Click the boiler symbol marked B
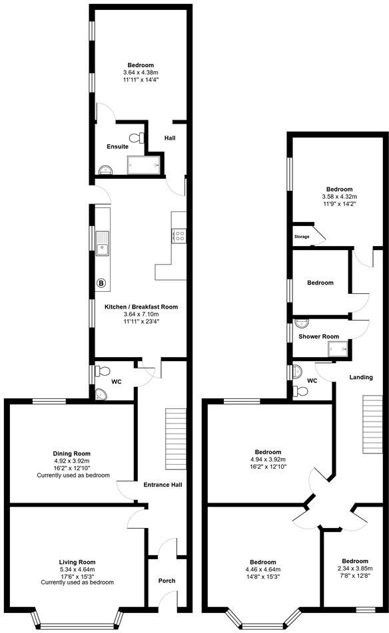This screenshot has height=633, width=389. point(102,283)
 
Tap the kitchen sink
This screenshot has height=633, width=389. point(103,243)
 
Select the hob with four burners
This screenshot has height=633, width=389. point(179,236)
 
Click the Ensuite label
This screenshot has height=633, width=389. point(117,146)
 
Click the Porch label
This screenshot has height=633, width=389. point(167,580)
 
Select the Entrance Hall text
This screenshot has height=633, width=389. point(163,485)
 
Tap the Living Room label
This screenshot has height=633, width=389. point(77,562)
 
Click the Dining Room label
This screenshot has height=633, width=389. point(71,453)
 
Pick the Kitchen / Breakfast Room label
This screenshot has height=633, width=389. point(141,307)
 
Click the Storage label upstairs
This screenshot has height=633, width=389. point(302,237)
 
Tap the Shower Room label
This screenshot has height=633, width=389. point(319,336)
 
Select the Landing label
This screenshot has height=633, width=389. point(361,377)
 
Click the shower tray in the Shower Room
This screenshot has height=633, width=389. point(344,348)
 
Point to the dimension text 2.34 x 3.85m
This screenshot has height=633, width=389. point(354,569)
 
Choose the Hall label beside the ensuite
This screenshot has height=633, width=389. point(170,138)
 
